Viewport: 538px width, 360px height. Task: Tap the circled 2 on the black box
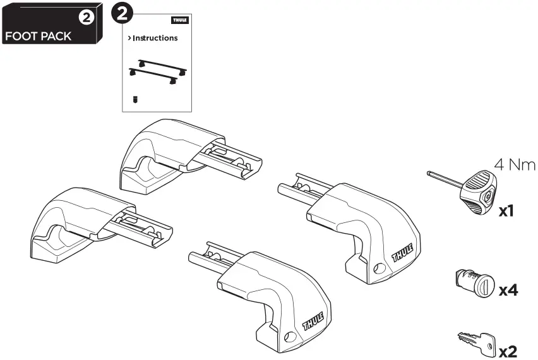[85, 18]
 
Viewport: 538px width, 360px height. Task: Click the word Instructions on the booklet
[155, 38]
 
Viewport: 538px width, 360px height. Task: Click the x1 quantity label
[507, 210]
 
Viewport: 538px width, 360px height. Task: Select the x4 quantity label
[508, 291]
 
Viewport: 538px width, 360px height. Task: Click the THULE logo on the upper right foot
[403, 252]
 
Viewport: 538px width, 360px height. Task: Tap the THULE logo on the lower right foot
[315, 321]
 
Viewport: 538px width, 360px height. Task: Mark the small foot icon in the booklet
[135, 99]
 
